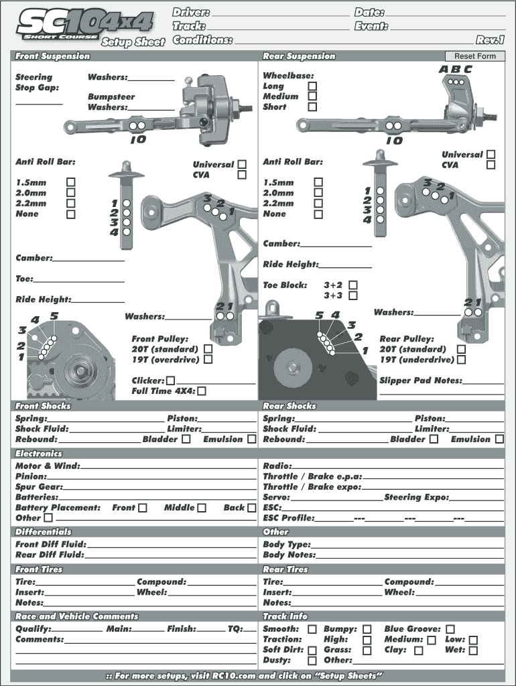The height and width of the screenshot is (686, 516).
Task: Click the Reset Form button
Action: click(474, 56)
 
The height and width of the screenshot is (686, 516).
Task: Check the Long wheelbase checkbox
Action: click(312, 86)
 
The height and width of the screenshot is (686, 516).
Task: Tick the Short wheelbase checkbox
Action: click(312, 107)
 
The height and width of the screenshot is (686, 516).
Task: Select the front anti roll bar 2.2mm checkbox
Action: click(70, 204)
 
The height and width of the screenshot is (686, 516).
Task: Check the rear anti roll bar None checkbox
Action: click(318, 214)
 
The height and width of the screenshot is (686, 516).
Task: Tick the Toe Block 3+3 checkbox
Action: click(353, 295)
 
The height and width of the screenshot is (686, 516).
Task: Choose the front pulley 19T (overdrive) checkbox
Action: click(208, 360)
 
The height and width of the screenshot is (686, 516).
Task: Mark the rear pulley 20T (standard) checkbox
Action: click(461, 349)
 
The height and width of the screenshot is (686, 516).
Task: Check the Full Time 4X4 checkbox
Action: click(201, 391)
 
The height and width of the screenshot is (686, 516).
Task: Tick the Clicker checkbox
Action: click(170, 381)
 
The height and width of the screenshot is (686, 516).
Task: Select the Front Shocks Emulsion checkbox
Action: click(251, 439)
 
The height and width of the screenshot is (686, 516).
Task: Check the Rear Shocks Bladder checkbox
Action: click(434, 439)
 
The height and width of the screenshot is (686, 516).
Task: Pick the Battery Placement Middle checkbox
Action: click(201, 508)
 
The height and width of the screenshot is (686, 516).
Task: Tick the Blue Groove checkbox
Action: click(450, 629)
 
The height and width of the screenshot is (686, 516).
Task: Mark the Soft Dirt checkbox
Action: click(312, 650)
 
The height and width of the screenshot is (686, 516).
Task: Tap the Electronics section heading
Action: click(39, 454)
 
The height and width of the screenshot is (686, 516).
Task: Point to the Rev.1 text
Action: click(490, 40)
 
